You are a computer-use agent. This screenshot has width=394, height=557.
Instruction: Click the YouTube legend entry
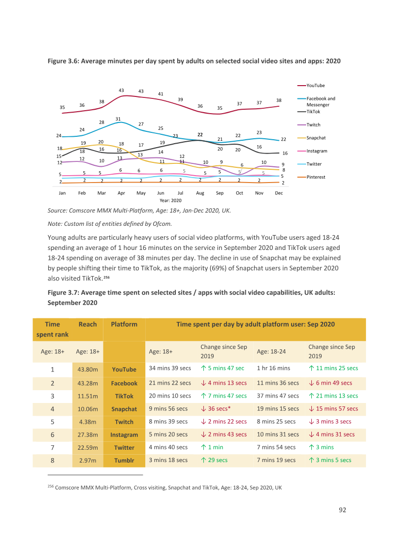coord(311,86)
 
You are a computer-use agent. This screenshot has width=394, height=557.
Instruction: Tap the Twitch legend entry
coord(309,124)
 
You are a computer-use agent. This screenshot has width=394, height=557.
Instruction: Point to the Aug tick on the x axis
coord(200,193)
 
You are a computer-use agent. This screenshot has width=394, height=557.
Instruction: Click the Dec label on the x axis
coord(279,193)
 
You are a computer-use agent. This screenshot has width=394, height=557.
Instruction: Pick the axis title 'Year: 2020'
coord(170,200)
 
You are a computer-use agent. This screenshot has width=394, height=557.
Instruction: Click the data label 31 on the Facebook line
coord(118,119)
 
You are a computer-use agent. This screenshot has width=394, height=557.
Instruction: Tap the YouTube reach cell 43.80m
coord(88,370)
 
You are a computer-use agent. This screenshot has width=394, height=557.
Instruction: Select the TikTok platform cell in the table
coord(124,396)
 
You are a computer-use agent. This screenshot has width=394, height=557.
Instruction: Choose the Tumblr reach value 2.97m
coord(88,461)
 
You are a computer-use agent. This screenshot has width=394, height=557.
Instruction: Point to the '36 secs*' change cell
coord(216,408)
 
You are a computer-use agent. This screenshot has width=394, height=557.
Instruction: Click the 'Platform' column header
coord(124,324)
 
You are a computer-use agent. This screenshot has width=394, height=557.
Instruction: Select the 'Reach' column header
coord(88,324)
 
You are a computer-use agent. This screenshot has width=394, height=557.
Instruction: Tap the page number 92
coord(342,510)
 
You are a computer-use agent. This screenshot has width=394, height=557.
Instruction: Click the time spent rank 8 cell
coord(52,461)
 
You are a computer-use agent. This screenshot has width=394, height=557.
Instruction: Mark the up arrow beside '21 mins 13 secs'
coord(311,396)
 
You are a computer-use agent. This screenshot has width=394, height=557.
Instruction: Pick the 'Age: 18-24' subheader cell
coord(271,351)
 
